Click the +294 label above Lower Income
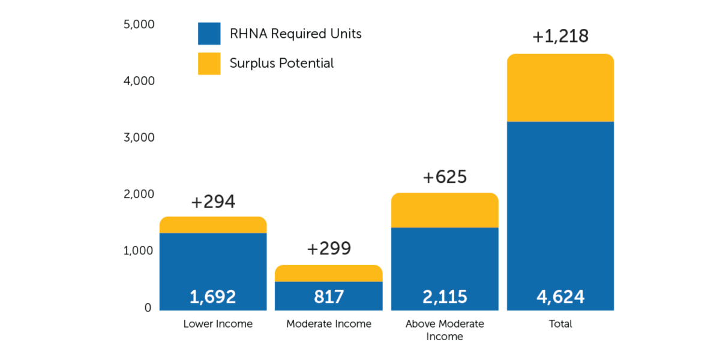[213, 203]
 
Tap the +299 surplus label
[329, 249]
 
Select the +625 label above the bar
[445, 178]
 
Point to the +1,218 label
[560, 37]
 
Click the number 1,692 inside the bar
[213, 296]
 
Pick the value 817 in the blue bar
[329, 296]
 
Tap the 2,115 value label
[445, 296]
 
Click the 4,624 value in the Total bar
[560, 296]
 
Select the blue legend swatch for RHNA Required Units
[209, 34]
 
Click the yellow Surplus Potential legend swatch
[209, 64]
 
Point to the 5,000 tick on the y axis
[139, 25]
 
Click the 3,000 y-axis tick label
[139, 137]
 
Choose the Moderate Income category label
[329, 324]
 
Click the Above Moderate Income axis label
[445, 330]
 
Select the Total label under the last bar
[560, 324]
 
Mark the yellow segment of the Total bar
[560, 88]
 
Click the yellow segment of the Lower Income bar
[213, 225]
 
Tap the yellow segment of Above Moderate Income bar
[445, 211]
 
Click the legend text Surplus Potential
[281, 64]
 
